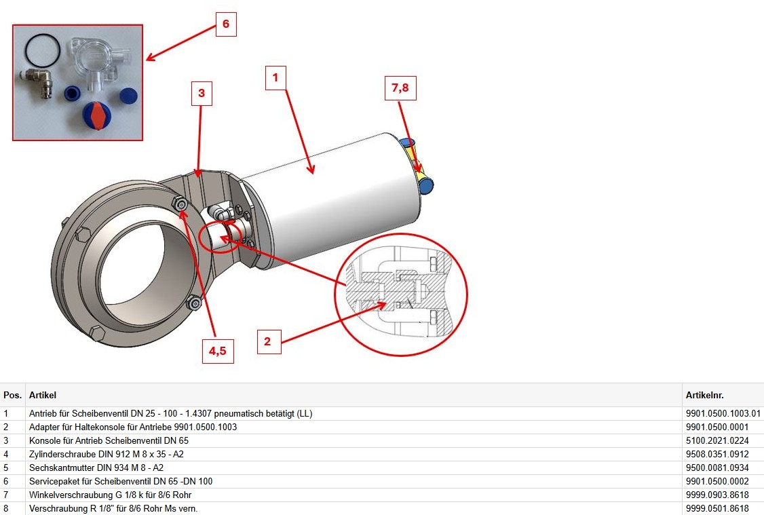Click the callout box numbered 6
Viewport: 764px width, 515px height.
[226, 24]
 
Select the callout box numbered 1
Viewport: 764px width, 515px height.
[275, 78]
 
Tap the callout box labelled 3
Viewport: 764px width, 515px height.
[202, 94]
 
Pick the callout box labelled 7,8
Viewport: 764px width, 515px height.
[400, 88]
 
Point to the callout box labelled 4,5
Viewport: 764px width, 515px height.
[218, 351]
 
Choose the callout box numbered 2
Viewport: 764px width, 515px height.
[267, 341]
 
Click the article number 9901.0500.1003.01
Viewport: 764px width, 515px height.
[723, 414]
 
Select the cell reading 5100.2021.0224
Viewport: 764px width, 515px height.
[717, 441]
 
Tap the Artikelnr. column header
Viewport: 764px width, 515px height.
[704, 395]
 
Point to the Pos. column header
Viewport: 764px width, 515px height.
[13, 395]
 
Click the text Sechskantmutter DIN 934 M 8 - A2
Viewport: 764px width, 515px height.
[96, 468]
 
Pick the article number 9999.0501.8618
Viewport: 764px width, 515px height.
[717, 509]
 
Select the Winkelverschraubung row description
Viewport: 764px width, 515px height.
[110, 495]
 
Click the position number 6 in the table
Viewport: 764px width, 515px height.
[6, 481]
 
